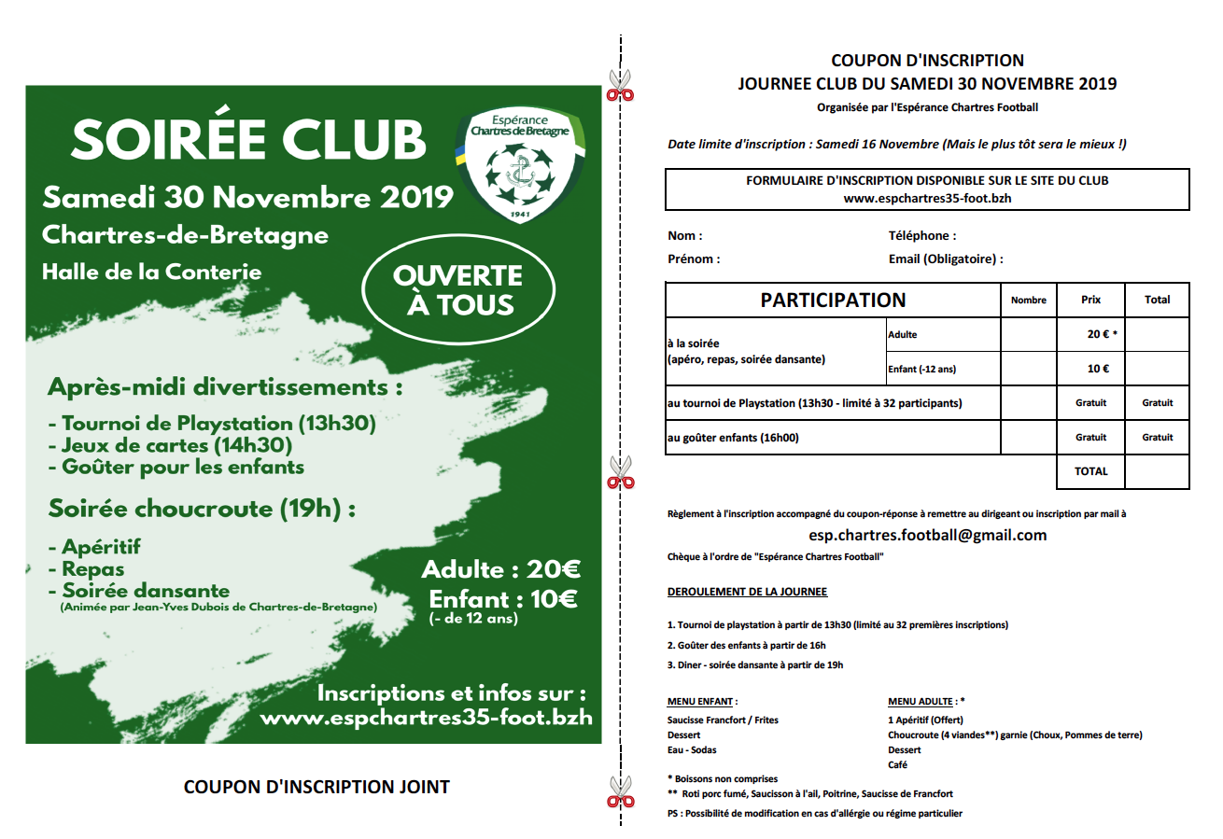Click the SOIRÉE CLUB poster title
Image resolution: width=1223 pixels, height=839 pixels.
249,139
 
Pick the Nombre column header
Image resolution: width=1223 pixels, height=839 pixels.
1028,301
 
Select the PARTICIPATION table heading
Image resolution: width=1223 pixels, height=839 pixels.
833,301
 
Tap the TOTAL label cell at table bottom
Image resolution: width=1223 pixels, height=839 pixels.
1090,471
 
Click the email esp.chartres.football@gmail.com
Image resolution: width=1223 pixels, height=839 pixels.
927,536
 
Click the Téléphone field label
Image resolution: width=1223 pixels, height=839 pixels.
922,236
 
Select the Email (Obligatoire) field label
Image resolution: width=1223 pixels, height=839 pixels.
946,259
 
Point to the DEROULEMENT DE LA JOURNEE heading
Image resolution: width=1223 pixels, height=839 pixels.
747,592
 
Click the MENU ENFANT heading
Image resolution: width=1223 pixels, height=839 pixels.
702,701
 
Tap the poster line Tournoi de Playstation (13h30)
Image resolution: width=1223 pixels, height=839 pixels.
212,424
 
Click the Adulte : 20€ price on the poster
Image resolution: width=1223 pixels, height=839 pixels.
500,568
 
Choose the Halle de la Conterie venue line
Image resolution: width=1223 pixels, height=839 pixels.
152,272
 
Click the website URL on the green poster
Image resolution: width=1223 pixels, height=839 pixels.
426,718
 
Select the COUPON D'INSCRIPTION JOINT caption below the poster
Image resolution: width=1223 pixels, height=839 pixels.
316,787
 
